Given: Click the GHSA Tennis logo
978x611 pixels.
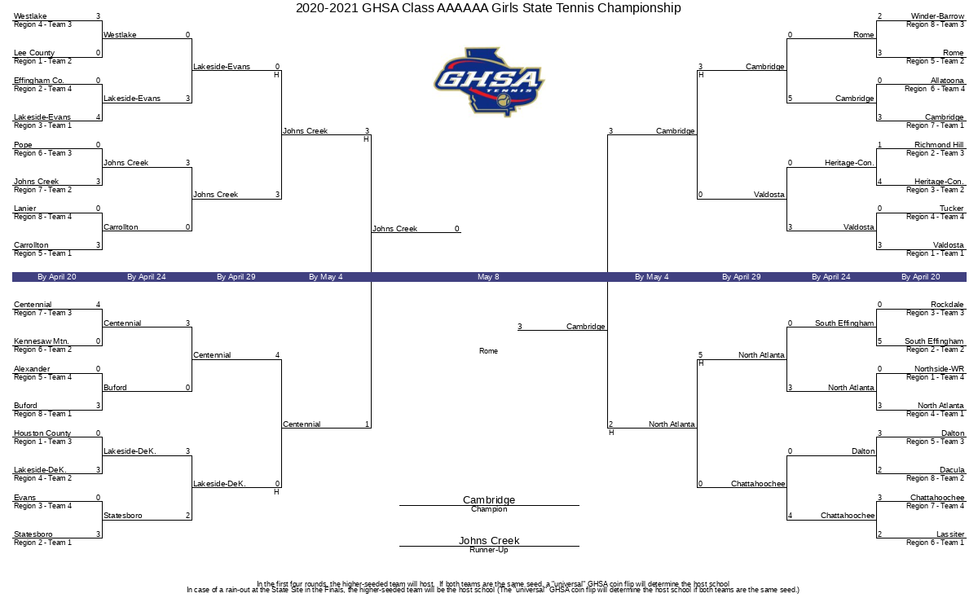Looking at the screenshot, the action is click(x=489, y=81).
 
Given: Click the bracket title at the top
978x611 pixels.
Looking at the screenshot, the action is click(x=488, y=8).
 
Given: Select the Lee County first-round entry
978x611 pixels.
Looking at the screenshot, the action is click(x=34, y=53).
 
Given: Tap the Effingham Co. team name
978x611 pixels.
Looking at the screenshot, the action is click(x=39, y=81).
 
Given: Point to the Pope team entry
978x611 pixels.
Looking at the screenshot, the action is click(x=23, y=144).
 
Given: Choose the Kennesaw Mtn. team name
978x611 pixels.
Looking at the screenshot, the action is click(x=41, y=341).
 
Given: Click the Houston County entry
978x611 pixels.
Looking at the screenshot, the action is click(x=42, y=433).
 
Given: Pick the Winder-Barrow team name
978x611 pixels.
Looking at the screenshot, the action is click(x=937, y=16).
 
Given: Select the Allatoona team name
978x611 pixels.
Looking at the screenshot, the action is click(x=947, y=81).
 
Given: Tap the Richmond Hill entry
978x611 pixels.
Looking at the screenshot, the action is click(x=939, y=144).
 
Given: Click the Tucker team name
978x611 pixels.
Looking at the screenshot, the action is click(x=952, y=209).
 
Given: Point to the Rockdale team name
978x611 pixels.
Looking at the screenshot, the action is click(x=947, y=304).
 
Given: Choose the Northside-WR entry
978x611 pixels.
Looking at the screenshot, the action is click(x=939, y=368).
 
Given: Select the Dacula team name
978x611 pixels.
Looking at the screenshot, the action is click(x=952, y=469).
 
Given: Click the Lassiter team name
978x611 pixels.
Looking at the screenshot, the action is click(x=950, y=534).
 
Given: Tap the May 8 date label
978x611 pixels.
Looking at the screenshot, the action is click(x=488, y=277).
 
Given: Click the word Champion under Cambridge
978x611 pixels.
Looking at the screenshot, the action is click(x=489, y=509).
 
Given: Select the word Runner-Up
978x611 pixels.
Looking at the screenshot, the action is click(x=489, y=550).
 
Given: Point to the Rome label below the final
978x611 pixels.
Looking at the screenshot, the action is click(x=488, y=351).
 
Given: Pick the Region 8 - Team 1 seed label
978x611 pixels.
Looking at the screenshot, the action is click(x=42, y=414).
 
